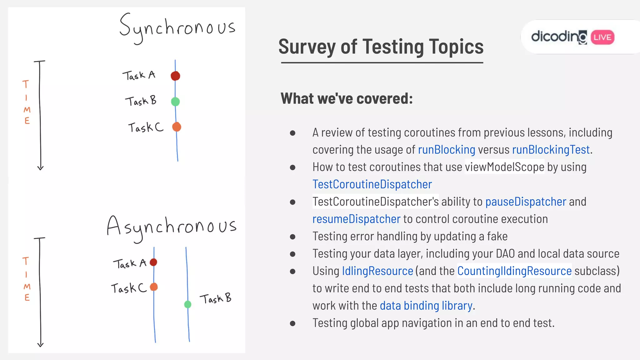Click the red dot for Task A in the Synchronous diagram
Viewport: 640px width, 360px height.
(175, 76)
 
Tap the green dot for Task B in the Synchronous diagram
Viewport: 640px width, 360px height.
(175, 102)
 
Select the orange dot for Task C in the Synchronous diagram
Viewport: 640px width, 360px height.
(177, 127)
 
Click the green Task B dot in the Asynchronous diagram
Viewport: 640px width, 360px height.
(187, 304)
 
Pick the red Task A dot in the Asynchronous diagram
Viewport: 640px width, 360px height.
(153, 262)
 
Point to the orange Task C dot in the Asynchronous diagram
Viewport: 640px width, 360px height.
(154, 287)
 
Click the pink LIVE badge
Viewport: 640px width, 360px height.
(602, 37)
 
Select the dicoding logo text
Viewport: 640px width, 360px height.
(559, 37)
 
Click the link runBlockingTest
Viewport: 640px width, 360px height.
(551, 150)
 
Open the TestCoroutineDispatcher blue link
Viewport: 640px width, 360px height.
(372, 184)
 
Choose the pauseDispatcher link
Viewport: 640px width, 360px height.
(526, 202)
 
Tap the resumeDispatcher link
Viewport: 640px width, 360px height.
(356, 219)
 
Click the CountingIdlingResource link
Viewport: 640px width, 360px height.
(514, 271)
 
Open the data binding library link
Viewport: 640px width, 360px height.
(426, 306)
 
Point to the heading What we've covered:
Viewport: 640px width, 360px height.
(347, 99)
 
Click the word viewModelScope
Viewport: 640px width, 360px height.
(504, 167)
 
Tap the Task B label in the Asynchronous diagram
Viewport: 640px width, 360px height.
(216, 299)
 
